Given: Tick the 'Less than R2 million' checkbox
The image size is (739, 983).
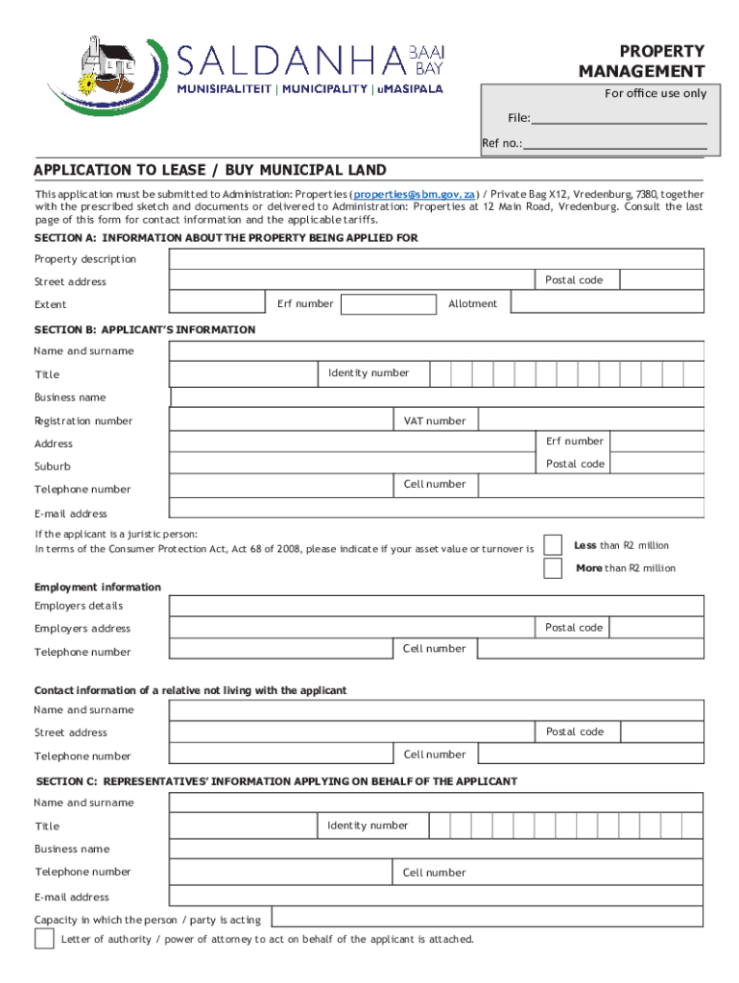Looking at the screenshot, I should pos(553,545).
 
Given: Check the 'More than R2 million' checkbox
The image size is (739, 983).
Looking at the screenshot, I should pos(553,568).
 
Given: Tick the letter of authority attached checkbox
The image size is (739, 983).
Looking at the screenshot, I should pos(44,939).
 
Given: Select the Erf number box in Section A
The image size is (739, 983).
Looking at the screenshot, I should pos(388,304).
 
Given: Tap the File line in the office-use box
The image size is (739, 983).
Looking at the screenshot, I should pos(619,118).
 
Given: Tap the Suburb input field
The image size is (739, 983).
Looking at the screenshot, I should pos(351,465).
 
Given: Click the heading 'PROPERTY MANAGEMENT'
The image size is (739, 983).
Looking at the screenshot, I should pos(641,61).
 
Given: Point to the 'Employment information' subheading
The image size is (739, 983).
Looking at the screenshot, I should pos(98,587).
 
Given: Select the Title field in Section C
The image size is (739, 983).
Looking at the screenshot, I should pos(244,826).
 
